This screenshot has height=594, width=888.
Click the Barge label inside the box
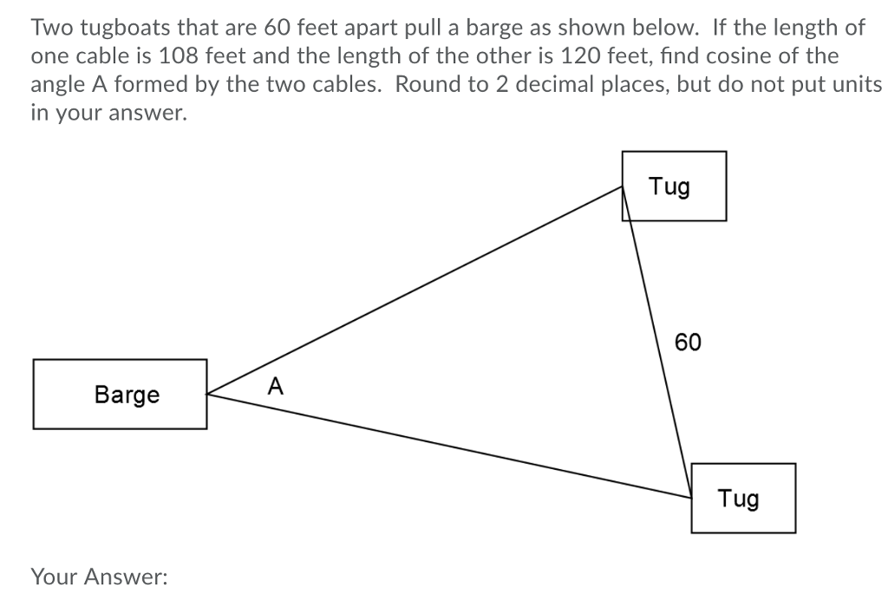pyautogui.click(x=127, y=395)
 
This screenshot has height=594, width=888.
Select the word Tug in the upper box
pyautogui.click(x=669, y=186)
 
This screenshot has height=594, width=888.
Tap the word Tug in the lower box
pyautogui.click(x=738, y=499)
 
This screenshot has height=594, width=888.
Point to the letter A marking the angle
pyautogui.click(x=275, y=384)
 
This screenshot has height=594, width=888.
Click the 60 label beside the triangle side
pyautogui.click(x=688, y=343)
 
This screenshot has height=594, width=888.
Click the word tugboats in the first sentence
pyautogui.click(x=122, y=27)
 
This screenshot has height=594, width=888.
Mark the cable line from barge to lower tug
pyautogui.click(x=451, y=447)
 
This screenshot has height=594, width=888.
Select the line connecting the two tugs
pyautogui.click(x=657, y=343)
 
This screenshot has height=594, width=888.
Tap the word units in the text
pyautogui.click(x=859, y=85)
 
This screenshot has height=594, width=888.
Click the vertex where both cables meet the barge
pyautogui.click(x=208, y=395)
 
